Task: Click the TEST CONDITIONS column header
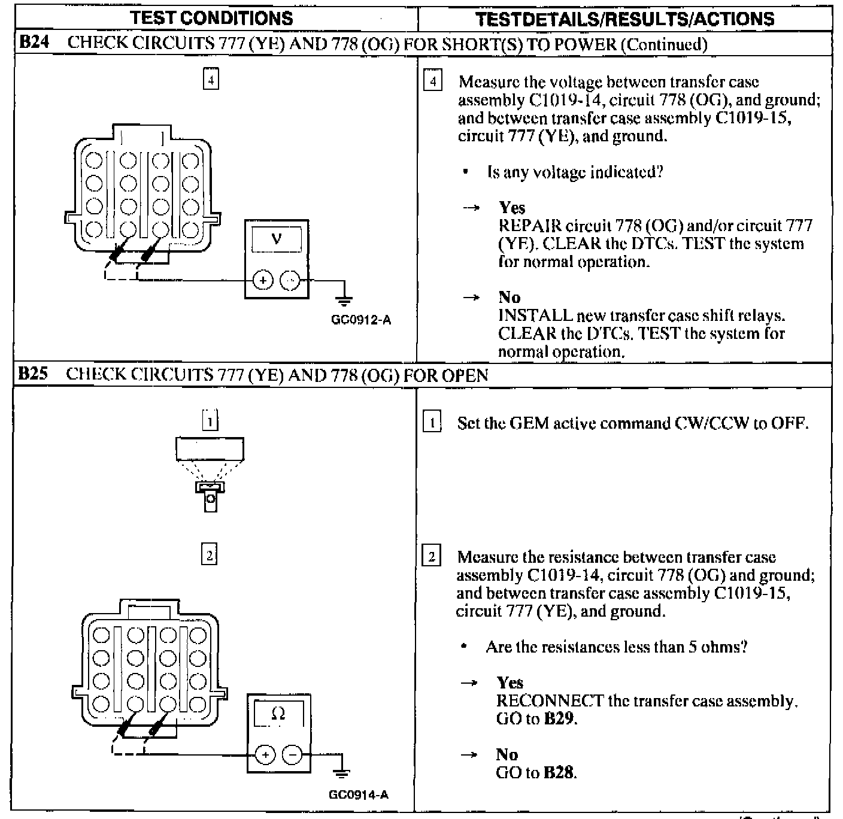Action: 212,18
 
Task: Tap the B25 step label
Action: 32,374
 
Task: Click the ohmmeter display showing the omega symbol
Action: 278,713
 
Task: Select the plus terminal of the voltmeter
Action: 263,280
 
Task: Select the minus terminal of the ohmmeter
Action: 293,754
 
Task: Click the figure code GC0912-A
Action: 360,320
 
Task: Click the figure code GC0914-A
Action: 359,794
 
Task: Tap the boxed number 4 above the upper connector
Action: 211,79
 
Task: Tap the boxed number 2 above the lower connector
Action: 209,555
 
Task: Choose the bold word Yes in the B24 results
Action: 512,208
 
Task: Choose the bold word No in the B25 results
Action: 507,754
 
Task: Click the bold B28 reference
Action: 559,772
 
